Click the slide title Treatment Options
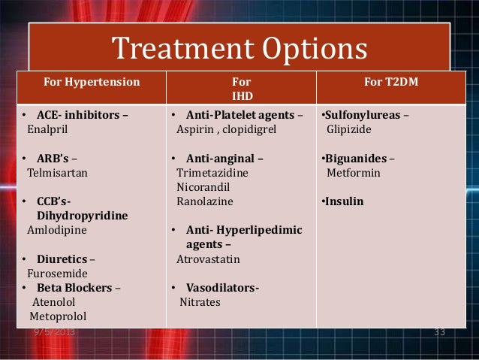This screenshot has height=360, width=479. (x=239, y=50)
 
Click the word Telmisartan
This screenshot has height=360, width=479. (x=58, y=172)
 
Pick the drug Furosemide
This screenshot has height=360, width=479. (x=57, y=274)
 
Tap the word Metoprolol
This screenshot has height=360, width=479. (x=59, y=316)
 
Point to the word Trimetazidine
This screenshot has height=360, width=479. (x=212, y=173)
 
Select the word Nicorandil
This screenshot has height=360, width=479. (x=203, y=187)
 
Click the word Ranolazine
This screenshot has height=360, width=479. (x=204, y=201)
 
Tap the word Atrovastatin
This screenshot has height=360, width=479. (x=209, y=259)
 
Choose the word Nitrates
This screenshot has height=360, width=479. (x=200, y=301)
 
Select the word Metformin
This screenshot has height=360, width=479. (x=353, y=173)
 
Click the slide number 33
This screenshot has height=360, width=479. (x=440, y=331)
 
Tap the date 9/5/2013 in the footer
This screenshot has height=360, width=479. (x=54, y=331)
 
